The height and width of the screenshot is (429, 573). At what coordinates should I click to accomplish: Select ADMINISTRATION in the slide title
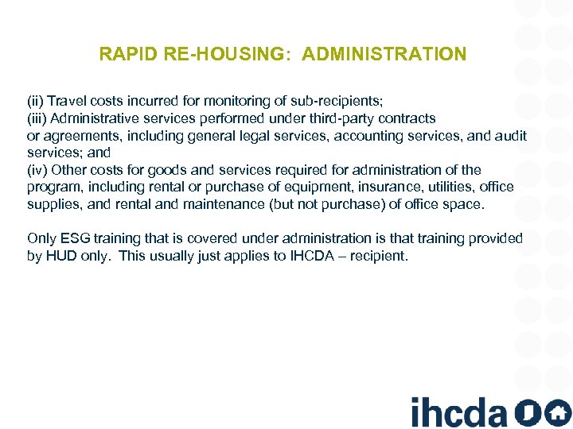[x=384, y=55]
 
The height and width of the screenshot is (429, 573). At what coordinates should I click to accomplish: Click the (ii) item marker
[x=35, y=102]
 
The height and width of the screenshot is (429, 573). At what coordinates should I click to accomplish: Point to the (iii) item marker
[x=37, y=118]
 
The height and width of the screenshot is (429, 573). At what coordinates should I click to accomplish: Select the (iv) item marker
[x=37, y=170]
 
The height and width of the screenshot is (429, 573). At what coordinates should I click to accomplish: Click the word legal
[x=244, y=136]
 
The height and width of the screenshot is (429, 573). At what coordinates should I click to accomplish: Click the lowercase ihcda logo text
[x=459, y=412]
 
